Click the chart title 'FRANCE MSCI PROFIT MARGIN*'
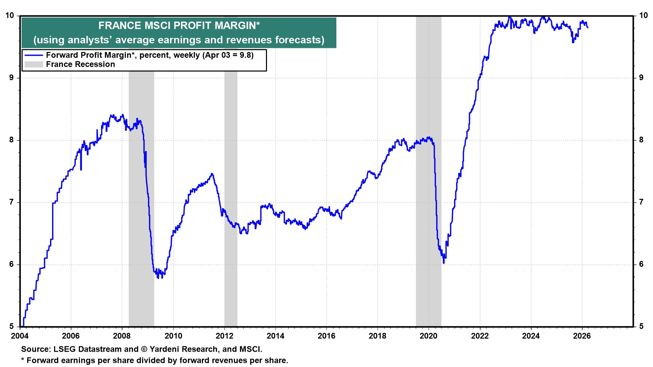point(179,26)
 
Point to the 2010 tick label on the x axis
point(173,336)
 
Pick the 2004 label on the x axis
point(20,336)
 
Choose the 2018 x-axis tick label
point(378,336)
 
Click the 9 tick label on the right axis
point(641,78)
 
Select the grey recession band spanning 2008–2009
point(141,204)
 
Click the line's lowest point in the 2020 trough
point(443,263)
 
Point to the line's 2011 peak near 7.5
point(212,174)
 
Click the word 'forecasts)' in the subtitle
point(302,40)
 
